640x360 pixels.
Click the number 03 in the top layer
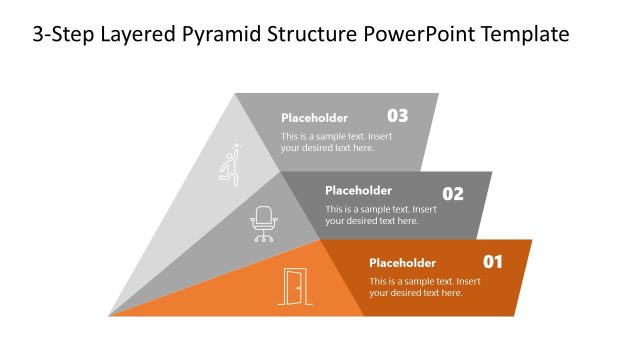coord(397,115)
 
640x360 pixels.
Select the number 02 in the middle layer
coord(453,194)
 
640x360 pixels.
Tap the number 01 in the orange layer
coord(493,262)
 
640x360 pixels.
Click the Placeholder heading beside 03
coord(315,117)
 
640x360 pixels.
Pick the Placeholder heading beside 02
coord(358,190)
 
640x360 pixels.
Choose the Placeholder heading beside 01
coord(402,263)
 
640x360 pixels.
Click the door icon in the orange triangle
coord(294,287)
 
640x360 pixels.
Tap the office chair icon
coord(264,224)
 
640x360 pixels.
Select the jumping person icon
coord(231,165)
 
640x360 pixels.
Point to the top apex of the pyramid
coord(235,94)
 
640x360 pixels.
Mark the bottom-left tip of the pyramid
coord(110,315)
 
